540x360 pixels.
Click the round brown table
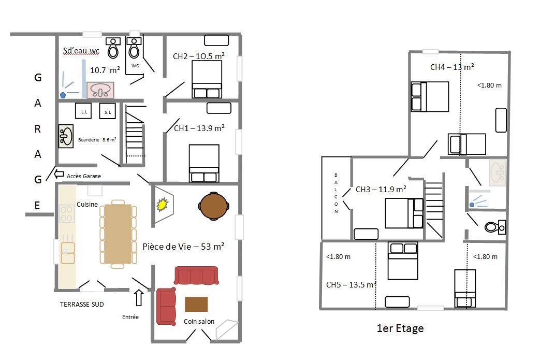point(213,206)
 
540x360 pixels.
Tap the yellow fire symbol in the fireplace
point(162,204)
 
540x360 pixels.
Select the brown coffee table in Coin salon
point(196,304)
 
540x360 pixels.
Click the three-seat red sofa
point(196,276)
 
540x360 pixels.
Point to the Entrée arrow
point(139,298)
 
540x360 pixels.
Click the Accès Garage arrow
point(59,174)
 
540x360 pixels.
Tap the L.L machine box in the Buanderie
point(83,111)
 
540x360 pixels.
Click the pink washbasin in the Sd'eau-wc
point(100,90)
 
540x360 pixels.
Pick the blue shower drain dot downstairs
point(63,95)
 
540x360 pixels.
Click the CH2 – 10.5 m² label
point(199,56)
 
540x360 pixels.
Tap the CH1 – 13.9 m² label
point(199,128)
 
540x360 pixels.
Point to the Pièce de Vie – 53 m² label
point(183,247)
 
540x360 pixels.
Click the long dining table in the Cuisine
point(118,234)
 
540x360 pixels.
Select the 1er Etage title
point(400,328)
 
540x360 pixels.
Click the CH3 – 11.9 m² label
point(381,189)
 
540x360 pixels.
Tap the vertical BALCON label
point(336,193)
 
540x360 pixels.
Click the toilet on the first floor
point(495,227)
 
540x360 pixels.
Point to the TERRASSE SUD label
point(82,304)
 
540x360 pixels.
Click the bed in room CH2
point(207,79)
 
